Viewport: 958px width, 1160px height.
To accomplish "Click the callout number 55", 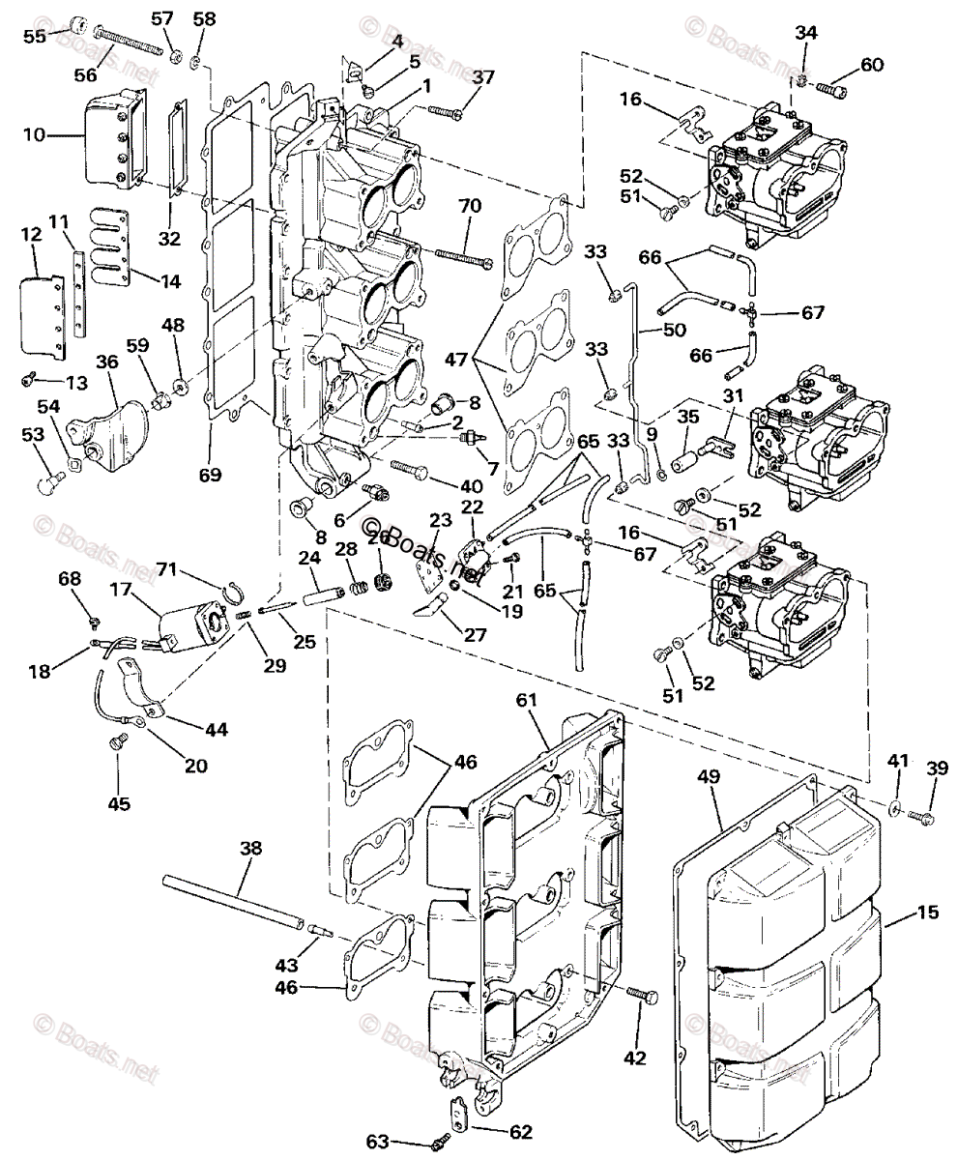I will pos(35,37).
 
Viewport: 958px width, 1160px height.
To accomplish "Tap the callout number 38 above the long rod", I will pos(250,848).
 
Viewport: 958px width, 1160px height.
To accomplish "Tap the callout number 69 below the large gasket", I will pos(211,475).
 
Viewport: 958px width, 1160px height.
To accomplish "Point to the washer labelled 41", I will pos(896,806).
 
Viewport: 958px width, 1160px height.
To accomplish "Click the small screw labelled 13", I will pos(29,379).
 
